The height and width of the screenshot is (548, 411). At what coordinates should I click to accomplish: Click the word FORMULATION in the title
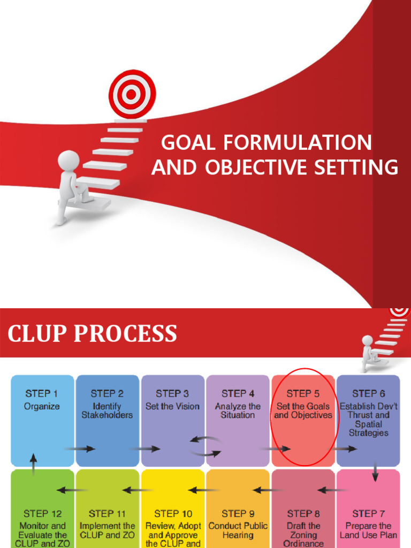[298, 143]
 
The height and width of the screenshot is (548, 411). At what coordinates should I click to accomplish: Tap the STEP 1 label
[42, 394]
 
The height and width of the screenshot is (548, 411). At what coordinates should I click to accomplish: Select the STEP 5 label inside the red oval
[303, 394]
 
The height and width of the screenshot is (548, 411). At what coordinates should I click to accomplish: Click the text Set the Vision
[172, 406]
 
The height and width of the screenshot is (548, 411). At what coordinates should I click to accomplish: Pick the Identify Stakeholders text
[107, 410]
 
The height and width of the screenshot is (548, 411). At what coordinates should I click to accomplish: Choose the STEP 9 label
[238, 514]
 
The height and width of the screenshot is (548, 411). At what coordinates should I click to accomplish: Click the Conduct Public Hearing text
[238, 530]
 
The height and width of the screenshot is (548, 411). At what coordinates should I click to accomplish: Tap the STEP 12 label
[43, 514]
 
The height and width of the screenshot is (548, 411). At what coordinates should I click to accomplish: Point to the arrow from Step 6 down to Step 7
[375, 471]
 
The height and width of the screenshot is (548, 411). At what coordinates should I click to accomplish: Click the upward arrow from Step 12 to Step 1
[34, 463]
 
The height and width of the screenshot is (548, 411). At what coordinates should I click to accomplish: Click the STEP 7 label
[368, 514]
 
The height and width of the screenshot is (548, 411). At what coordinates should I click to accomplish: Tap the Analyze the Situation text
[238, 410]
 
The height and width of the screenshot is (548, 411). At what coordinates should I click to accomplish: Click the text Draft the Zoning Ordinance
[303, 535]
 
